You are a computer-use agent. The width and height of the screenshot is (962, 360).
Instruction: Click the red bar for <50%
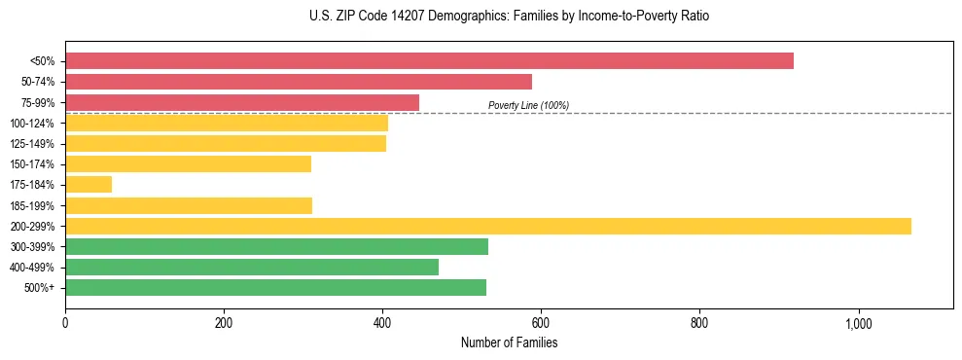429,61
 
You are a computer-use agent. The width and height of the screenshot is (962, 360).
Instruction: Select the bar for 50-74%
299,82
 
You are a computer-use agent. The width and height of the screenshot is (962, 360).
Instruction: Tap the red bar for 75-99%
242,102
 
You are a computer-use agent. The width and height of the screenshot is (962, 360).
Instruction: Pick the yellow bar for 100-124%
227,123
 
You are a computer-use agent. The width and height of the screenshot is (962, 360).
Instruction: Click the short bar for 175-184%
89,184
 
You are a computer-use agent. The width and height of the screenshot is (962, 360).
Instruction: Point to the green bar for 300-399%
276,247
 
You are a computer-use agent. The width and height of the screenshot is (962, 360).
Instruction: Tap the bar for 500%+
275,288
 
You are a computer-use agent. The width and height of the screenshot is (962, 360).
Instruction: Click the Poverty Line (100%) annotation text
528,105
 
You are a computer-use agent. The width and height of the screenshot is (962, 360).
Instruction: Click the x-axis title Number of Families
509,343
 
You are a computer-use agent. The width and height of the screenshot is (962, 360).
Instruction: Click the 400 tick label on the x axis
382,323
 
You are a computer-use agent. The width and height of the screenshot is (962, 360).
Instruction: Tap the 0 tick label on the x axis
65,323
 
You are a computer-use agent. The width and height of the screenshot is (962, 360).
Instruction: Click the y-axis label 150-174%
32,164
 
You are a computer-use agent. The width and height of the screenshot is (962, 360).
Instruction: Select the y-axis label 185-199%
32,205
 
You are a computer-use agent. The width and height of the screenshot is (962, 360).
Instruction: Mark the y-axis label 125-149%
32,144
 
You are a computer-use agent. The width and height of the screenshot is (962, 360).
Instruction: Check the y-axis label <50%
42,61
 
